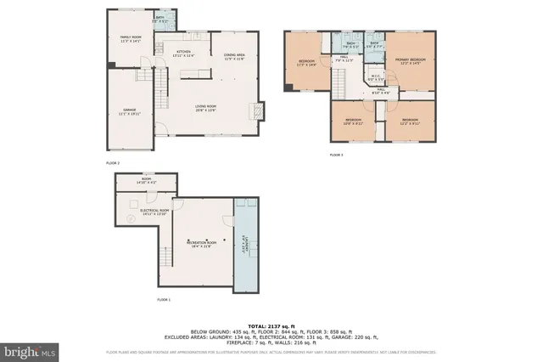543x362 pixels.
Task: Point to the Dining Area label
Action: click(234, 57)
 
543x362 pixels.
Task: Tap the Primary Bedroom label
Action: click(410, 60)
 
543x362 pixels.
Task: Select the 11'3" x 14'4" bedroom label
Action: click(307, 63)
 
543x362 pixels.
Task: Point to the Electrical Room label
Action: click(155, 212)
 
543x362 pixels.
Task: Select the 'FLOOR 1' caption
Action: click(164, 300)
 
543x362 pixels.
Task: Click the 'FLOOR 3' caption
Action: click(336, 155)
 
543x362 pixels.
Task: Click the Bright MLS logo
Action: click(31, 350)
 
